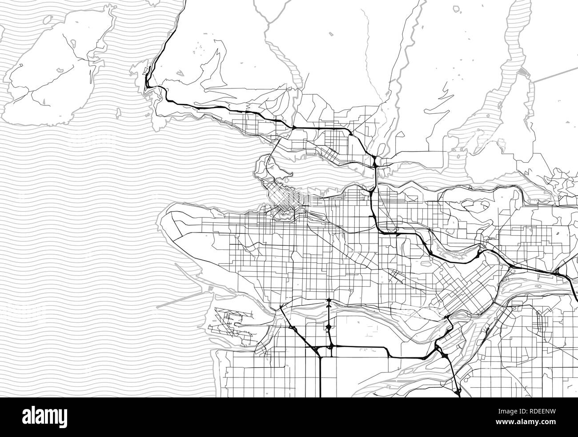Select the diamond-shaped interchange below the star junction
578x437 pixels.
[329, 328]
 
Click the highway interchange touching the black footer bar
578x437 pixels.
[458, 392]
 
